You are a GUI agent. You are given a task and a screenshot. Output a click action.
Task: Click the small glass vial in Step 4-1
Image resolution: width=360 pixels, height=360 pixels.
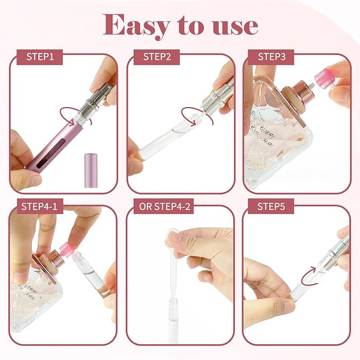pyautogui.click(x=90, y=276)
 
